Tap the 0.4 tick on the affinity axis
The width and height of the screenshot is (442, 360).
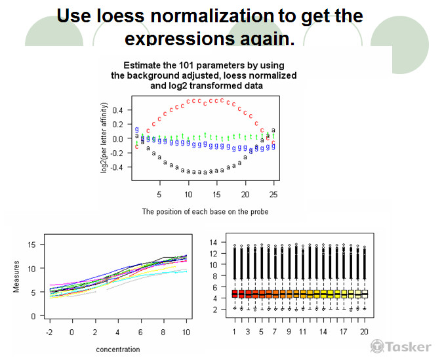click(117, 110)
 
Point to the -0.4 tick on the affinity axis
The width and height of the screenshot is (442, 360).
click(115, 167)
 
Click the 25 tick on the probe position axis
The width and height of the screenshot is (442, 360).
click(273, 194)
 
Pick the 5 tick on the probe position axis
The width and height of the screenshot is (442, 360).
click(159, 194)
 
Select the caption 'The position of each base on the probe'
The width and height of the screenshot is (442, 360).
click(205, 212)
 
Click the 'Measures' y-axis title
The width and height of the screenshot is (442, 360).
click(18, 278)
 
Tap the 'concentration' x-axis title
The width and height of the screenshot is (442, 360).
click(118, 349)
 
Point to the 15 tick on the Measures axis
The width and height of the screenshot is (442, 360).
click(30, 245)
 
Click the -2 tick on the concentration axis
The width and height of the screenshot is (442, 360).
click(49, 332)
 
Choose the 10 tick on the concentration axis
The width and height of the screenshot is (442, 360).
click(186, 332)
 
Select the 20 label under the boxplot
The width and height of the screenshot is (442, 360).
click(364, 332)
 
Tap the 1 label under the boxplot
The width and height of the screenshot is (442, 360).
click(234, 332)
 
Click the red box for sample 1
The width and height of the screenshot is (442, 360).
click(234, 294)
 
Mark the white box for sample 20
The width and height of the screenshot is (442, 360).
click(365, 294)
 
